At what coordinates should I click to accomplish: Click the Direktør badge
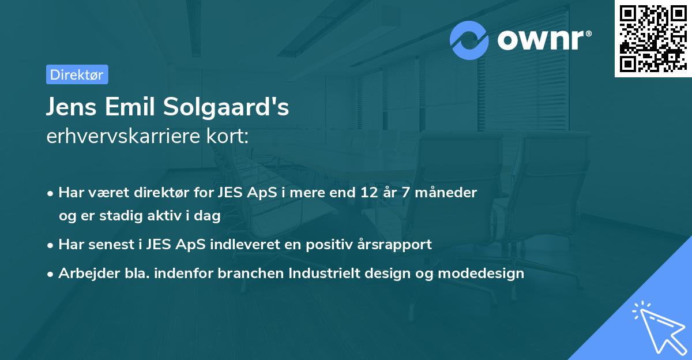pyautogui.click(x=77, y=74)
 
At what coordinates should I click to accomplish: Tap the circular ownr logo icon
pyautogui.click(x=469, y=40)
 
